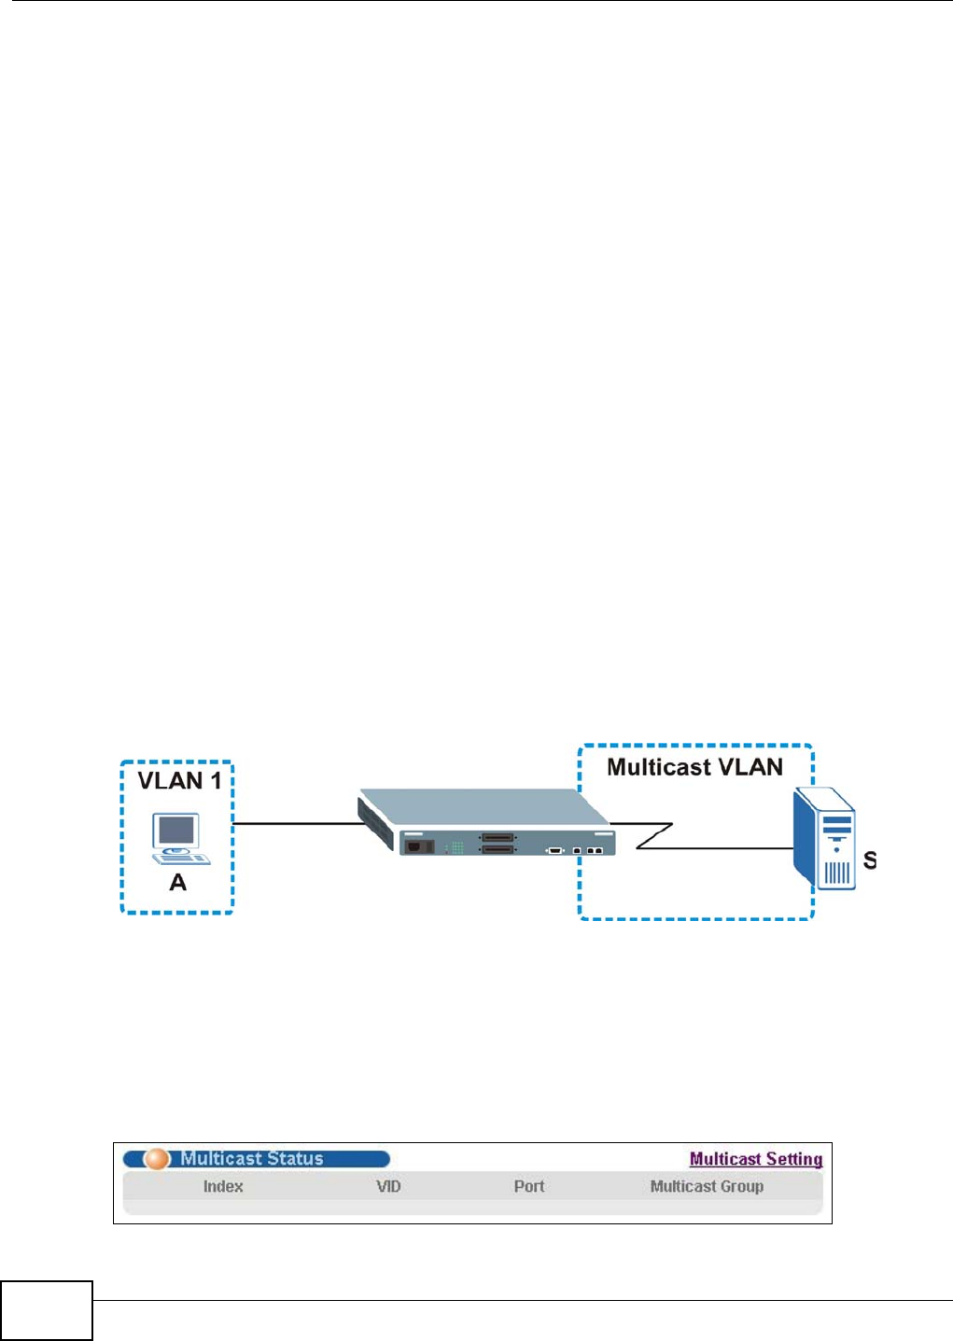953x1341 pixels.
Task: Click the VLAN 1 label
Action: [179, 780]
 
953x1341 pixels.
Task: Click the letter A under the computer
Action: [177, 883]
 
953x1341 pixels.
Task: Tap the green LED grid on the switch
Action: [456, 847]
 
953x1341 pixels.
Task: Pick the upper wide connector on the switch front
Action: [498, 837]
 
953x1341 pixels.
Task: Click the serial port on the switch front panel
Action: [555, 850]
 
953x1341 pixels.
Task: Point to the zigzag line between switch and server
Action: [653, 836]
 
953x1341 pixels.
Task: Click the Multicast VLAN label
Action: [694, 767]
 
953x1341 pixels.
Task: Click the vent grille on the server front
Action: [837, 874]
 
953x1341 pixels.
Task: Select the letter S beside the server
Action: [869, 860]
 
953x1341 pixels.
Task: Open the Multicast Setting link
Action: [756, 1159]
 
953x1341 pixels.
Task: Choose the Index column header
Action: [223, 1186]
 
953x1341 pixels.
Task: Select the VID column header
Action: [388, 1186]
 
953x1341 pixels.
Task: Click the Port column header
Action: [529, 1186]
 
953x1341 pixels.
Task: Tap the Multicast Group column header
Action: [707, 1186]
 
